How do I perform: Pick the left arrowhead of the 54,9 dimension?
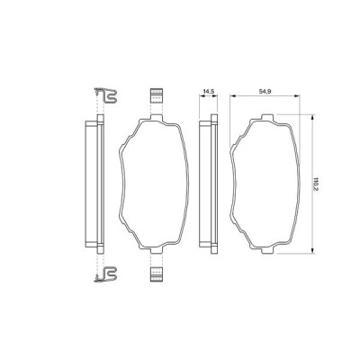pos(233,97)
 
